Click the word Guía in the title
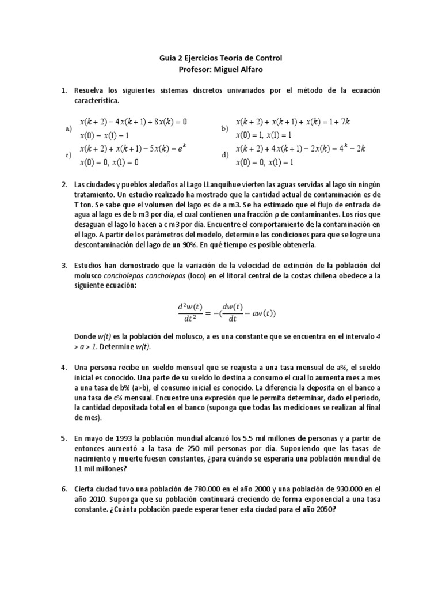tap(167, 58)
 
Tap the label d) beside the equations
tap(225, 155)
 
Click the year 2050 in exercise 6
tap(323, 509)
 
